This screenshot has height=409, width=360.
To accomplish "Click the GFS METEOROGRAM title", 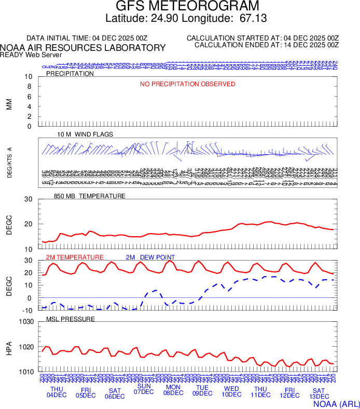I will [x=187, y=6].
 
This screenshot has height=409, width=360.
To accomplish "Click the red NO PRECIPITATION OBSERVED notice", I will [x=187, y=84].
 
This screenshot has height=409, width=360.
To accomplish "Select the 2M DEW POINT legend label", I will [x=150, y=257].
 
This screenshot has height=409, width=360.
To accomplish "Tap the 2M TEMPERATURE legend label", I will [x=75, y=257].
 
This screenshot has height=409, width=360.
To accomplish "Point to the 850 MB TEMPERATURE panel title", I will [x=90, y=196].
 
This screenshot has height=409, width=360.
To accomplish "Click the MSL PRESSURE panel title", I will [x=71, y=319].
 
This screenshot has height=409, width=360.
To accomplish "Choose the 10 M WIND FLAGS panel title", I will [x=85, y=134].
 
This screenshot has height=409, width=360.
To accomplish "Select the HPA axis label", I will [x=9, y=347].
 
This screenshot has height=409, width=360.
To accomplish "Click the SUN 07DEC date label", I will [x=144, y=389].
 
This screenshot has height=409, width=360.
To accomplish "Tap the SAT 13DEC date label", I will [x=319, y=393].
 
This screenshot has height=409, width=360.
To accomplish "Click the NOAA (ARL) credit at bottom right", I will [x=336, y=403].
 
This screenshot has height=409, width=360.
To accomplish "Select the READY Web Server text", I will [x=31, y=54].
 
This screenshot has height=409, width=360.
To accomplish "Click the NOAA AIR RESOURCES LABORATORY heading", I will [x=83, y=48].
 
